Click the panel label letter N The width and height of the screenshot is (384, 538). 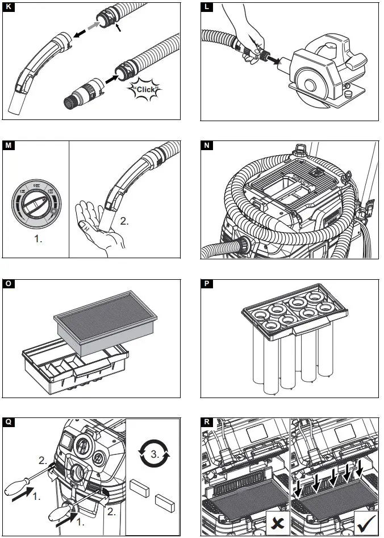coord(207,146)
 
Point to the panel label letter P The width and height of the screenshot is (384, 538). coord(207,283)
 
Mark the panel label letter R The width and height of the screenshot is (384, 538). coord(207,421)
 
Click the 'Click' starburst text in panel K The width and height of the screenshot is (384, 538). coord(145,89)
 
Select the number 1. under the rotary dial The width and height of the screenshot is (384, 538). coord(37,239)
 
